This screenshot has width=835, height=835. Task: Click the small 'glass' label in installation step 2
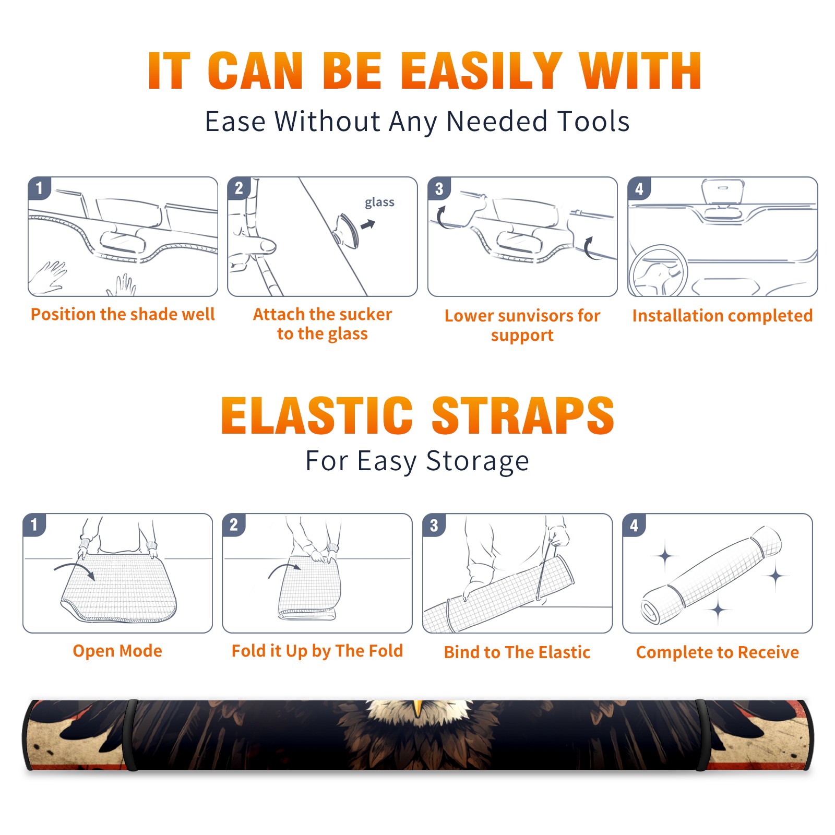click(379, 202)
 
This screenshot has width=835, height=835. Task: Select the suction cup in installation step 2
click(347, 231)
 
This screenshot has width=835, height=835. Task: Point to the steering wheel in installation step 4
click(658, 271)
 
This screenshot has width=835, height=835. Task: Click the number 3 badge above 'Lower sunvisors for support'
click(439, 188)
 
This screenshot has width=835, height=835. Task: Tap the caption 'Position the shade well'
click(123, 314)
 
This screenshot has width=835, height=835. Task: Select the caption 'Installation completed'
click(722, 316)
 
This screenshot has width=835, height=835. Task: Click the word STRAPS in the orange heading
click(523, 415)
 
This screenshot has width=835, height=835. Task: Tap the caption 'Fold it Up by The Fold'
click(317, 651)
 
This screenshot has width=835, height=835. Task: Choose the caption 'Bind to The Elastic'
click(517, 652)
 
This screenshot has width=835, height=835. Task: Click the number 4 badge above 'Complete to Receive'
click(634, 525)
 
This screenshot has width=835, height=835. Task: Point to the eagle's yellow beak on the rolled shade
click(417, 708)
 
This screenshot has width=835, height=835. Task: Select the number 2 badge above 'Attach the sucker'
click(239, 188)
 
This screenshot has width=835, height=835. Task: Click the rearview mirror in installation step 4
click(722, 191)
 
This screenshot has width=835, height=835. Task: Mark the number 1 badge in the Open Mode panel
click(34, 525)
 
